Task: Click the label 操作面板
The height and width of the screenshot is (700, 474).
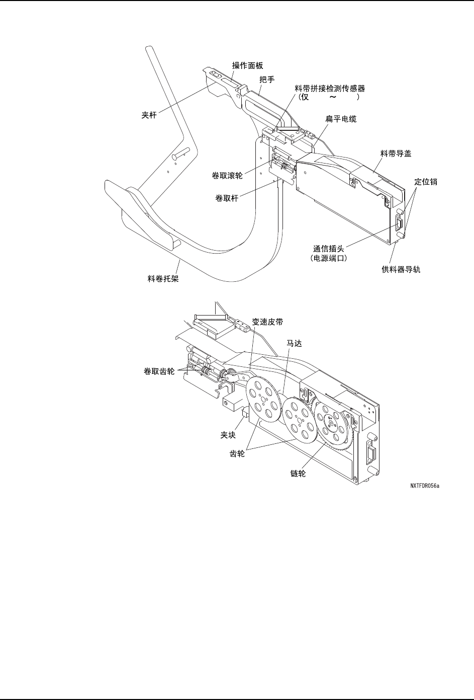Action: pyautogui.click(x=247, y=65)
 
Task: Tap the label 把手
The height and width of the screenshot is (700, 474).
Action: pyautogui.click(x=267, y=80)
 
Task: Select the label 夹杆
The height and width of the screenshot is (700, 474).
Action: pyautogui.click(x=149, y=115)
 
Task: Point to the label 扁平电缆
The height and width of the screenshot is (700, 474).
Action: pyautogui.click(x=341, y=119)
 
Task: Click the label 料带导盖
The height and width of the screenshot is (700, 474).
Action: pyautogui.click(x=396, y=154)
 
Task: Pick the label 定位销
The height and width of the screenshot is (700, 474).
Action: pyautogui.click(x=426, y=182)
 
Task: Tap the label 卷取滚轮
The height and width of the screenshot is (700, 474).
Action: pyautogui.click(x=227, y=176)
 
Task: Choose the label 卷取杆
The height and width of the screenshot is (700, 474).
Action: pyautogui.click(x=227, y=198)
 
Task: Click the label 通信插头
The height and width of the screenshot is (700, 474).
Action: pyautogui.click(x=329, y=249)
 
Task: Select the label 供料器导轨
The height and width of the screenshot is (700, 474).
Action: pyautogui.click(x=401, y=269)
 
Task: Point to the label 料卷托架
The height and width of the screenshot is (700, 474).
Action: pyautogui.click(x=163, y=278)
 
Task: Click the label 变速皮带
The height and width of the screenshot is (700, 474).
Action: pyautogui.click(x=267, y=322)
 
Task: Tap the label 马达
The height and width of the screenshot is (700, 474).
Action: pyautogui.click(x=295, y=343)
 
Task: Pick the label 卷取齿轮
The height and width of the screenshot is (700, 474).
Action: pyautogui.click(x=159, y=371)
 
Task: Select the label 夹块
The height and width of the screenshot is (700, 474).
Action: pyautogui.click(x=228, y=435)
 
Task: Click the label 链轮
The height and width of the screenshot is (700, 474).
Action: pyautogui.click(x=298, y=474)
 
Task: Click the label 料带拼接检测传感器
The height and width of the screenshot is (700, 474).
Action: pyautogui.click(x=330, y=89)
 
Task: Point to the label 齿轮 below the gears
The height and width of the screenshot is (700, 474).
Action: pyautogui.click(x=237, y=454)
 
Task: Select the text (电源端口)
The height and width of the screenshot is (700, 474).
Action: pyautogui.click(x=329, y=259)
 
